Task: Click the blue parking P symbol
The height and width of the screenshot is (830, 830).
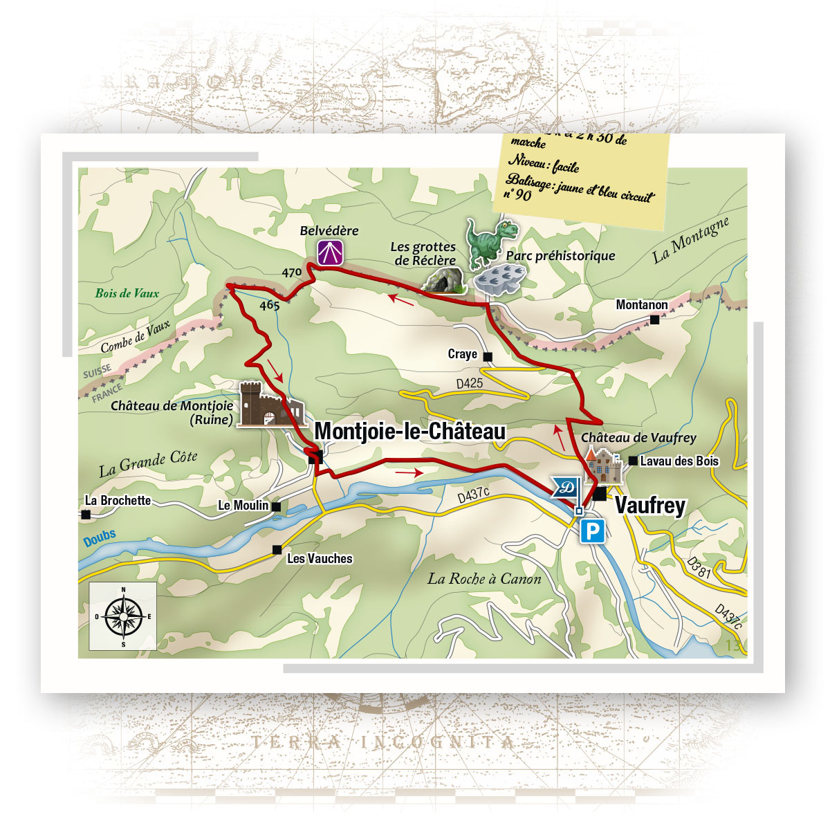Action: pyautogui.click(x=592, y=531)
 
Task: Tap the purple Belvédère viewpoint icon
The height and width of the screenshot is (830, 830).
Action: pyautogui.click(x=331, y=252)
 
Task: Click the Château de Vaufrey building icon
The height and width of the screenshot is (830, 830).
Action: pyautogui.click(x=603, y=465)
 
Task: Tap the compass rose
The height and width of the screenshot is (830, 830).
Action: pyautogui.click(x=123, y=615)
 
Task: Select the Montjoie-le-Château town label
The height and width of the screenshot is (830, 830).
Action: pyautogui.click(x=409, y=431)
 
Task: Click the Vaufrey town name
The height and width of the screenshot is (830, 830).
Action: pyautogui.click(x=649, y=505)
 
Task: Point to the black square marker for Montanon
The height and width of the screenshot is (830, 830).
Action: pyautogui.click(x=654, y=320)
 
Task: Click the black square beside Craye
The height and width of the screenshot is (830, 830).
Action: pyautogui.click(x=488, y=357)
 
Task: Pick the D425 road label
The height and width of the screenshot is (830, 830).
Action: pyautogui.click(x=470, y=382)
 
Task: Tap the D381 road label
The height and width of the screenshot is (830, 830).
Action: pyautogui.click(x=699, y=567)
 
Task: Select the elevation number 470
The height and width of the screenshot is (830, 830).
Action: pyautogui.click(x=291, y=273)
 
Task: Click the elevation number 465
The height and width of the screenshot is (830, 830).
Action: pyautogui.click(x=269, y=305)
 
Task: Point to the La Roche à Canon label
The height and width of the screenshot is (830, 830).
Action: pyautogui.click(x=484, y=579)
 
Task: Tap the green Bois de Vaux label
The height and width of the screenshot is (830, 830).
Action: pyautogui.click(x=127, y=293)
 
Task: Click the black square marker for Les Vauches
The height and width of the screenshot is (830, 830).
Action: pyautogui.click(x=277, y=550)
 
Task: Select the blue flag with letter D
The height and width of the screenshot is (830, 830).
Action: pyautogui.click(x=566, y=487)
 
